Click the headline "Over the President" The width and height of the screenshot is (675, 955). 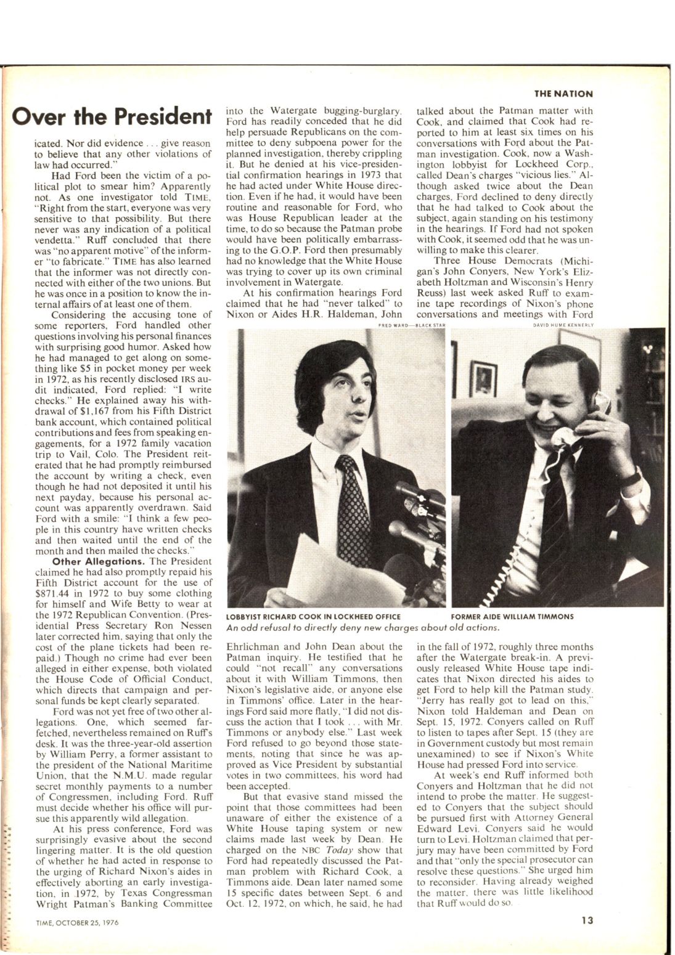click(112, 116)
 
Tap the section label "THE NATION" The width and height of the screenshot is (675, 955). click(563, 94)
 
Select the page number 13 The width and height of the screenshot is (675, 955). click(586, 922)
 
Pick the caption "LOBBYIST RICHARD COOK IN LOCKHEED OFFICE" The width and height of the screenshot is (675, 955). click(314, 616)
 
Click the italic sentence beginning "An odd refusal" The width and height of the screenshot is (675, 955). click(362, 628)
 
